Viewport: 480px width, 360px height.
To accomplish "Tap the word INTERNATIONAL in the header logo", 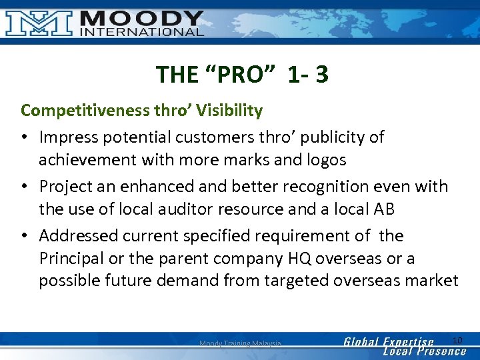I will (x=141, y=31).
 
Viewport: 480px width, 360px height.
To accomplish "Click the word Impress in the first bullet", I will (x=67, y=137).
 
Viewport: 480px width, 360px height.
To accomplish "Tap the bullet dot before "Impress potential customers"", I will (x=25, y=137).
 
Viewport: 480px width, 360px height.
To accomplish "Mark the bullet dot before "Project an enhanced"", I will (x=25, y=187).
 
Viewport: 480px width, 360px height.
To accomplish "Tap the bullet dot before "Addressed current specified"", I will (x=25, y=236).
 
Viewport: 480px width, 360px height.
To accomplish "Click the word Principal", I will (x=71, y=258).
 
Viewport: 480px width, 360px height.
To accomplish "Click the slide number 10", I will (x=457, y=341).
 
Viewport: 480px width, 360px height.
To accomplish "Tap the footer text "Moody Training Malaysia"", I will (x=240, y=344).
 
